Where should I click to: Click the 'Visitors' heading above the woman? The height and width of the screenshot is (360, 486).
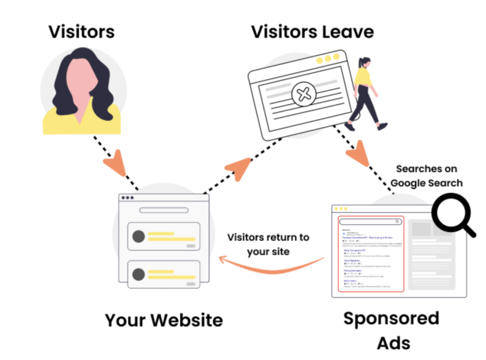(81, 31)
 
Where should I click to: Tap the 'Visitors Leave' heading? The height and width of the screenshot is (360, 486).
(312, 31)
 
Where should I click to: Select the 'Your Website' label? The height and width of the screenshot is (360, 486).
(164, 320)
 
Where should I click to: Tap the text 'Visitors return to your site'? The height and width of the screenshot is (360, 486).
(268, 244)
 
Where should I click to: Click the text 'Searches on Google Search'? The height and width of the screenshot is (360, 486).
(426, 176)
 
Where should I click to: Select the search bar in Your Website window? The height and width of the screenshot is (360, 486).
(164, 210)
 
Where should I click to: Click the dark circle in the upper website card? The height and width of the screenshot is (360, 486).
(138, 236)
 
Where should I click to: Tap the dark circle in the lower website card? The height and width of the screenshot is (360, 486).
(138, 274)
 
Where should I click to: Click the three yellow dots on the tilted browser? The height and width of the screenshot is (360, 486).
(327, 59)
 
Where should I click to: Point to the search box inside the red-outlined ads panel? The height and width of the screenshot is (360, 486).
(371, 221)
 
